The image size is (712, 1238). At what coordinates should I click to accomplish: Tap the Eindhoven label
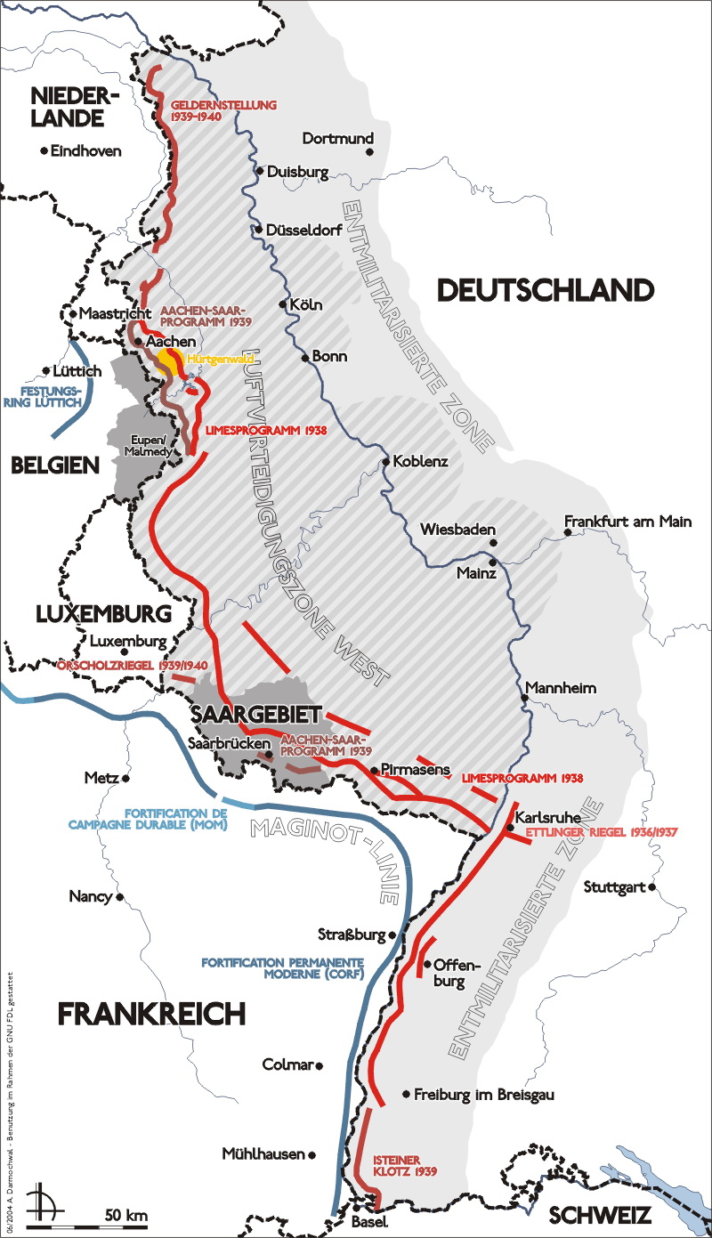pyautogui.click(x=85, y=151)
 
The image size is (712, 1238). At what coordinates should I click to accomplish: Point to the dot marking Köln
pyautogui.click(x=284, y=304)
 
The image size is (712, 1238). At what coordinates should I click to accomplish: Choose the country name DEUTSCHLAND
pyautogui.click(x=546, y=289)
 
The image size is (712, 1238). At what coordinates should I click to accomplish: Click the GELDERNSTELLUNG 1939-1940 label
pyautogui.click(x=224, y=110)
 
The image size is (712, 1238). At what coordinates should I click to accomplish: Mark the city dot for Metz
pyautogui.click(x=125, y=778)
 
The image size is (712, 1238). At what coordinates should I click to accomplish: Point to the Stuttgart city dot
pyautogui.click(x=652, y=887)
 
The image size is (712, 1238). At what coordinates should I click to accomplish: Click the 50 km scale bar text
pyautogui.click(x=125, y=1215)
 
